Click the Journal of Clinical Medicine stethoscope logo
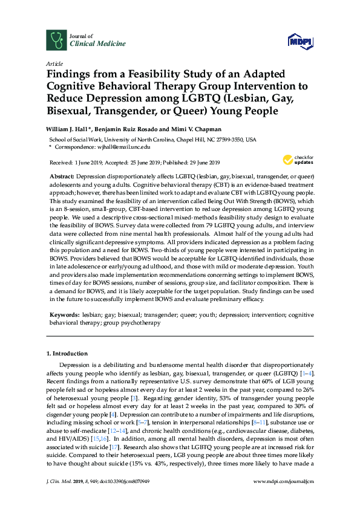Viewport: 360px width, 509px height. point(56,40)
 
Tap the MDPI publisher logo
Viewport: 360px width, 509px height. point(298,41)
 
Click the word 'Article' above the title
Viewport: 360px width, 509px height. point(54,63)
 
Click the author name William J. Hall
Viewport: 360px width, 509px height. point(67,128)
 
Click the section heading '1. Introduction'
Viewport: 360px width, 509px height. point(67,353)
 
